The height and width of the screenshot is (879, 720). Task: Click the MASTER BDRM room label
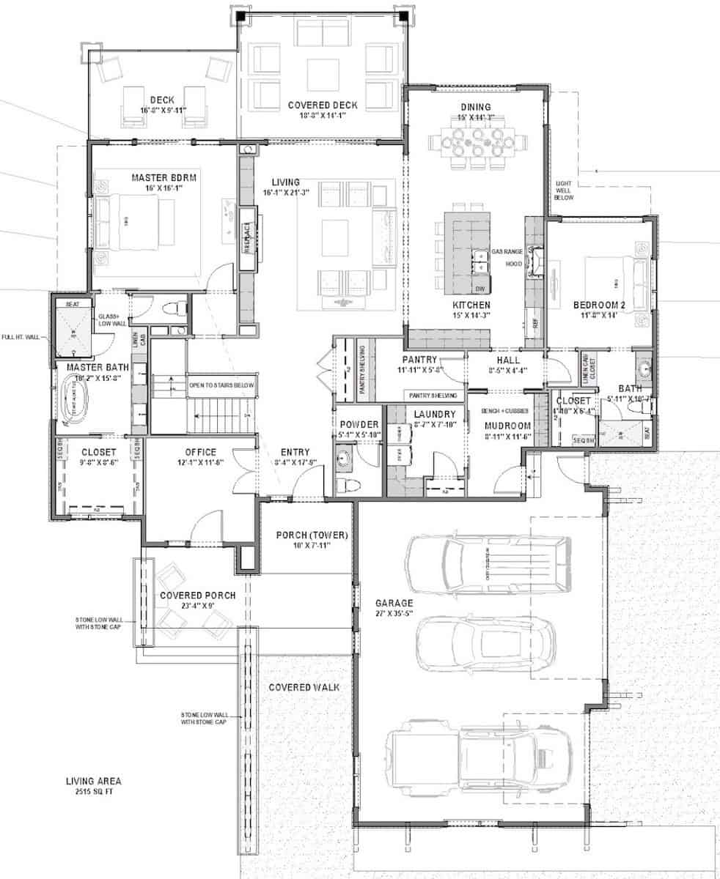[x=156, y=178]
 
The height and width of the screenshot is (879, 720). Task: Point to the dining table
[x=477, y=140]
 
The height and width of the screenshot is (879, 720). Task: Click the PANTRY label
[x=419, y=360]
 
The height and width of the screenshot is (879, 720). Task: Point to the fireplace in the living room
[x=247, y=238]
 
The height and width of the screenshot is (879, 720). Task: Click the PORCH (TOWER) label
[x=311, y=535]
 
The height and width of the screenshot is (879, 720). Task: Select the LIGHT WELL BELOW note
[x=565, y=192]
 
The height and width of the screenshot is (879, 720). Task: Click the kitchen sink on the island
[x=481, y=258]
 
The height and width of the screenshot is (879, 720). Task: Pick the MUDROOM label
[x=507, y=426]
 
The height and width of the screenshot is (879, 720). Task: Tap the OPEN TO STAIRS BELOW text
[x=221, y=385]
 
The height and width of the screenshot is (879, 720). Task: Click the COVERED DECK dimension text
[x=322, y=116]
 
